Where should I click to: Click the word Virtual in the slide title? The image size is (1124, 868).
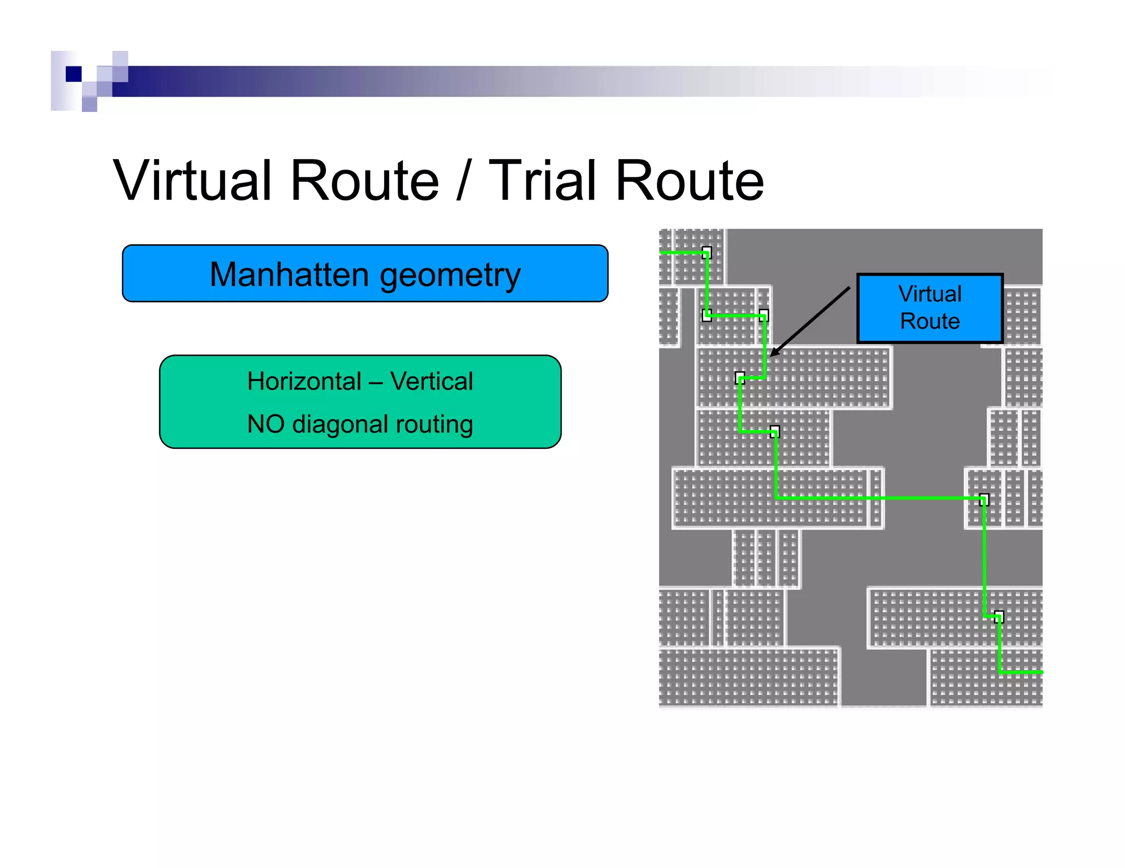click(x=193, y=181)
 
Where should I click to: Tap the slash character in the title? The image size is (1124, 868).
click(x=463, y=181)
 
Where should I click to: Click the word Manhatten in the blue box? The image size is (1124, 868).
click(x=288, y=274)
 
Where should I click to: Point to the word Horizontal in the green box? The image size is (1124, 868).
click(x=304, y=381)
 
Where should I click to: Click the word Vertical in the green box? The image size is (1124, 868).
click(x=431, y=381)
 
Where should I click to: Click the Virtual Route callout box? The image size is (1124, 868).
click(x=930, y=308)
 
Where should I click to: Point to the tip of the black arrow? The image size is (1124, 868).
click(x=771, y=356)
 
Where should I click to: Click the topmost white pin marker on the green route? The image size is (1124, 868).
click(x=707, y=252)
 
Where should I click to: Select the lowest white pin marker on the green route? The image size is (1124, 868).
click(x=999, y=617)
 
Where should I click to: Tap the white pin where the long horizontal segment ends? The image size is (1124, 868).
click(x=984, y=499)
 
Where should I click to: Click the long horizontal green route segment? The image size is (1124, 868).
click(x=878, y=498)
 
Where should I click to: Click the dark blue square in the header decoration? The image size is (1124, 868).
click(x=74, y=74)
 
